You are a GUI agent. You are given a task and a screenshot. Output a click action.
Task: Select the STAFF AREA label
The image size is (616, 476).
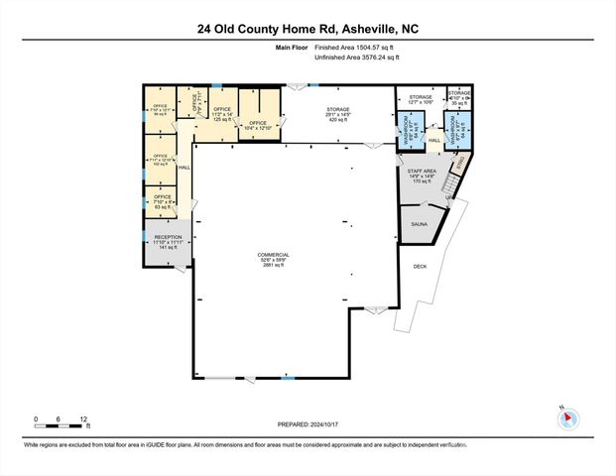coord(422,176)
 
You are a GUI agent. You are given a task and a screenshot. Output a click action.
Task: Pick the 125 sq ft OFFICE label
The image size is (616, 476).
coord(221,112)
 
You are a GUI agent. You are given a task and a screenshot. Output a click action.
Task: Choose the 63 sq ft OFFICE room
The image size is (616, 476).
coord(161,201)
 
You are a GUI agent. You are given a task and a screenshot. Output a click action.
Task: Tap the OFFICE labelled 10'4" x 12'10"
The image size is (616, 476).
coord(258,125)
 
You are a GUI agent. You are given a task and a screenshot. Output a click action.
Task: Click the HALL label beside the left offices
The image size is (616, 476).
coord(184,168)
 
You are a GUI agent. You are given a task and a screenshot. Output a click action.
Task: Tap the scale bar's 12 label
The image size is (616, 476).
coord(83,418)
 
